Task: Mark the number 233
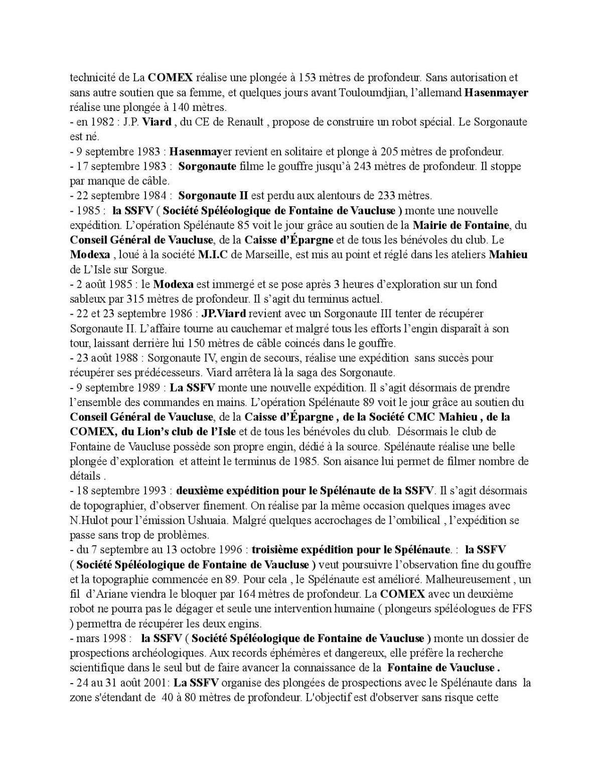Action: pyautogui.click(x=375, y=195)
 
